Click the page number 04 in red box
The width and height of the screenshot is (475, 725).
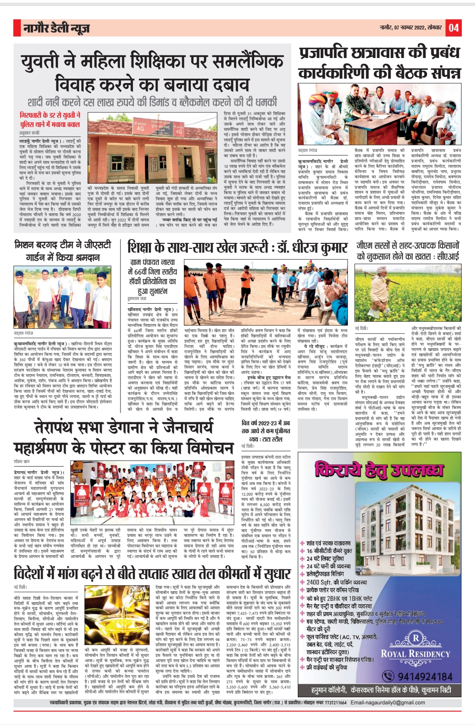454,28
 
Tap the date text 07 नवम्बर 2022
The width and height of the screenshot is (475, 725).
411,28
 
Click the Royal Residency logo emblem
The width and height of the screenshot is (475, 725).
416,638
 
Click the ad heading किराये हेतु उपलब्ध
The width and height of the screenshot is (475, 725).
379,470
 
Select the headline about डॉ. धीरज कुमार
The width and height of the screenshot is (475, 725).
238,247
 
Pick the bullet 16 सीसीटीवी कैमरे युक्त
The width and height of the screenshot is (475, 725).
329,551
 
